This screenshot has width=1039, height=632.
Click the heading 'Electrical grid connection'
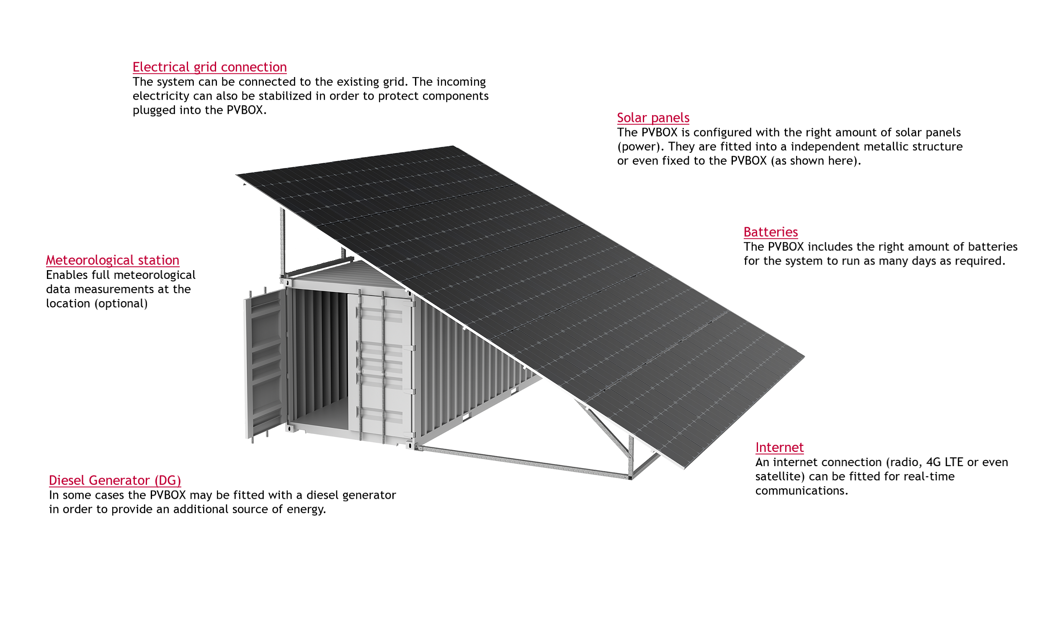pyautogui.click(x=209, y=67)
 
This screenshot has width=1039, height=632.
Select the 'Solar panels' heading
pyautogui.click(x=653, y=118)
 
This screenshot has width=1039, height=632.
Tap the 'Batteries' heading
pyautogui.click(x=771, y=232)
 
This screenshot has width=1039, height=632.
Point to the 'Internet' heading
pyautogui.click(x=779, y=447)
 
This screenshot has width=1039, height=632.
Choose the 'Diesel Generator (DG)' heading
pyautogui.click(x=115, y=480)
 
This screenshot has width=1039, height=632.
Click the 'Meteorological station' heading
pyautogui.click(x=113, y=260)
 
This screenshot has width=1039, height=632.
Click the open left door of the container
pyautogui.click(x=265, y=365)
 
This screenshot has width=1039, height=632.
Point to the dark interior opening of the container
pyautogui.click(x=320, y=359)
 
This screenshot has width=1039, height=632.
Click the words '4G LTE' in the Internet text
pyautogui.click(x=944, y=462)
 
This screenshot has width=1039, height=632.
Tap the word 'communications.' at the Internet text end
pyautogui.click(x=802, y=491)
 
